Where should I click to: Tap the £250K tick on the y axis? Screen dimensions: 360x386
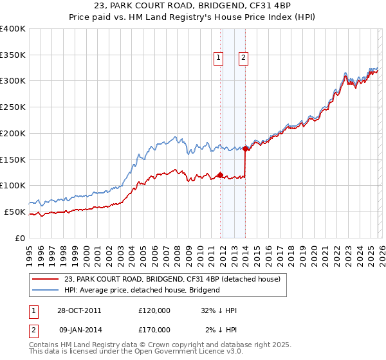coord(13,107)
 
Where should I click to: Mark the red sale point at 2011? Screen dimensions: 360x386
coord(220,175)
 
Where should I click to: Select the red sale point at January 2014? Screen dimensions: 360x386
coord(245,148)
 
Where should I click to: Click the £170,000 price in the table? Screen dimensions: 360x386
coord(154,329)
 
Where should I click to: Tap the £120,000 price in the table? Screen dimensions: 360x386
coord(154,310)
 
